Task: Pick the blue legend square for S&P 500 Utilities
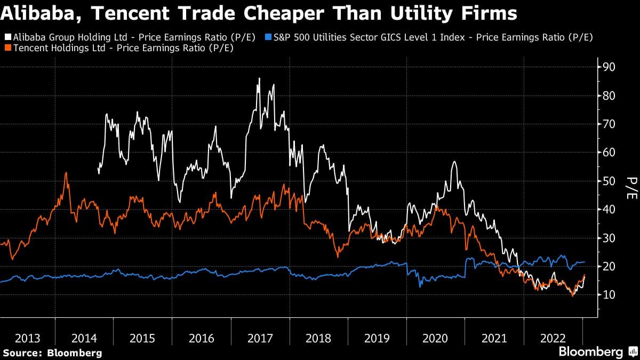(x=269, y=37)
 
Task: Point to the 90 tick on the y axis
(x=609, y=67)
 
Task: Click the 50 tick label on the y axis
(x=609, y=181)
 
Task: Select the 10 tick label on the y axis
(x=609, y=294)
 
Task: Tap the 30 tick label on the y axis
(x=609, y=238)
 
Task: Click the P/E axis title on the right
(x=631, y=188)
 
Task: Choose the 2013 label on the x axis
(x=27, y=338)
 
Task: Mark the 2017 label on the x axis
(x=261, y=338)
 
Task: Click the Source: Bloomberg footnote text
(x=52, y=353)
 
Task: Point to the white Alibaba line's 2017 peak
(x=259, y=79)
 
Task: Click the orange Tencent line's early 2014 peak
(x=66, y=173)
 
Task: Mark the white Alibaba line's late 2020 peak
(x=454, y=162)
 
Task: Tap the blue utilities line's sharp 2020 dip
(x=420, y=286)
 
